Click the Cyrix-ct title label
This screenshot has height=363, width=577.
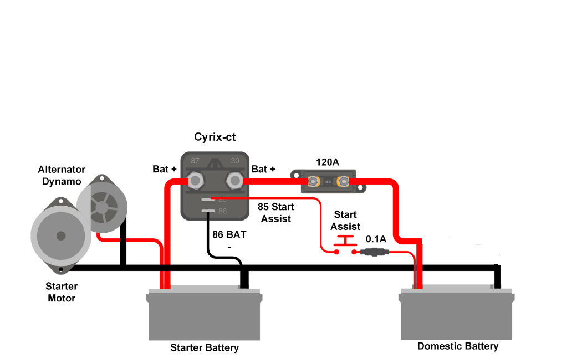[215, 137]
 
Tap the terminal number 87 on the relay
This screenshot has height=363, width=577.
[195, 161]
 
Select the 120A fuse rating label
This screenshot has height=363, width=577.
[327, 162]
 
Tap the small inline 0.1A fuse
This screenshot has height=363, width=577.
[375, 253]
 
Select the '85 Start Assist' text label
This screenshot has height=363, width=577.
[276, 213]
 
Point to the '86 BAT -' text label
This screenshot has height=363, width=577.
[229, 240]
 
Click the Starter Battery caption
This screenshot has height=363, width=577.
[205, 348]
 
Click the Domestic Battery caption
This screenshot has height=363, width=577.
[458, 346]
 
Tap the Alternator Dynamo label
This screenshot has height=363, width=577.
[62, 175]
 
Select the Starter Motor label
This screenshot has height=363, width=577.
[61, 293]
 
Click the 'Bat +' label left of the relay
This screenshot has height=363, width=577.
[165, 168]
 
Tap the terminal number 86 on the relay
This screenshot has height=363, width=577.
[223, 211]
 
